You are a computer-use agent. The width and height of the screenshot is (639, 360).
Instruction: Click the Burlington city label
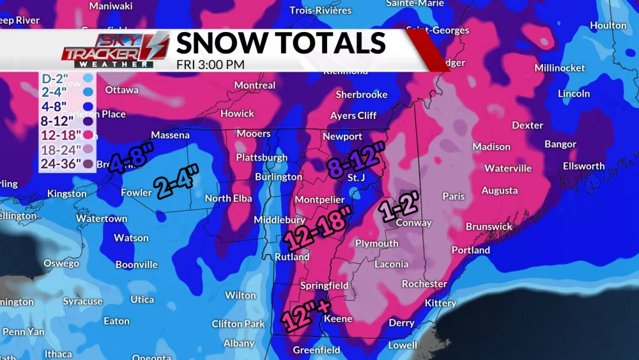click(278, 177)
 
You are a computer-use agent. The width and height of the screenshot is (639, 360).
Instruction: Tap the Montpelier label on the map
click(319, 200)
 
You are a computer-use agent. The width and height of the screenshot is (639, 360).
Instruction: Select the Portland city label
click(470, 250)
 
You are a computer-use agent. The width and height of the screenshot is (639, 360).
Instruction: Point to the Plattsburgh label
click(261, 157)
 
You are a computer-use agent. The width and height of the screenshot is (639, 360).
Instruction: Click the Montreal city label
click(254, 85)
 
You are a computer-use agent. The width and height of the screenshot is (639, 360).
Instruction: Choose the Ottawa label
click(121, 90)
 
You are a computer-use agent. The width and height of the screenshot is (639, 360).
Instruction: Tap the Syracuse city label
click(82, 301)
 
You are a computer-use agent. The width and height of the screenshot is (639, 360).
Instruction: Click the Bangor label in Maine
click(560, 144)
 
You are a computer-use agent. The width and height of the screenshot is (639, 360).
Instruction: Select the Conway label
click(413, 223)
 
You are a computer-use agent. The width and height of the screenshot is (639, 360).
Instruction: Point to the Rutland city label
click(292, 257)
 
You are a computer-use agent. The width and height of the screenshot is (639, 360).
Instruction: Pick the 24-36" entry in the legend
click(61, 163)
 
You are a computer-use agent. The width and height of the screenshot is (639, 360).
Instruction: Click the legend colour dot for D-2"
click(88, 78)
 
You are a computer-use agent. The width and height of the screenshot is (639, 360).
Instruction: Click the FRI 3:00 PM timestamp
click(210, 64)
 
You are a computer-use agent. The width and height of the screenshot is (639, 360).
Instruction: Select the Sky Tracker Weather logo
click(116, 49)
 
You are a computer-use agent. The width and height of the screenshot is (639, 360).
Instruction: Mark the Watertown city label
click(102, 219)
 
